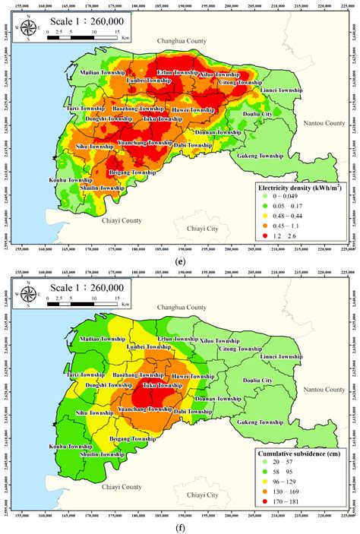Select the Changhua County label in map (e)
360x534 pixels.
[181, 40]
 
